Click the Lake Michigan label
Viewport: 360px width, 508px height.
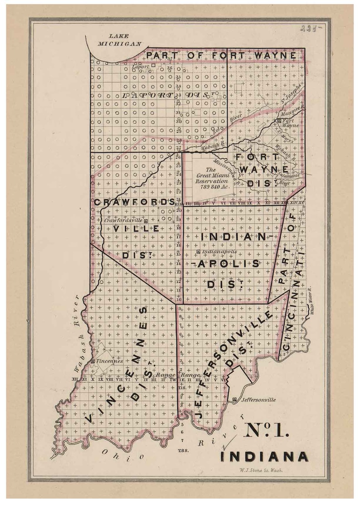(119, 40)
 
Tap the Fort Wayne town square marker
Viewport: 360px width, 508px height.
(278, 121)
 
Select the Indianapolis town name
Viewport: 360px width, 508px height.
(219, 252)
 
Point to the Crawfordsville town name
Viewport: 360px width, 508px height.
(123, 220)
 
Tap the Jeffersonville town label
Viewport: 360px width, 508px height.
(258, 400)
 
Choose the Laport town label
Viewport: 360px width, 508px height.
(140, 66)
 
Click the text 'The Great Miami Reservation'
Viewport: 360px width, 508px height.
(212, 175)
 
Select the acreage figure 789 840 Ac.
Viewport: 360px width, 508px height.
(212, 187)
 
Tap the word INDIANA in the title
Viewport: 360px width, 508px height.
(264, 456)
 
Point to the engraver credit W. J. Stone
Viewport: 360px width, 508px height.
(261, 470)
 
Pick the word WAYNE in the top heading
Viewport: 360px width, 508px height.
(276, 56)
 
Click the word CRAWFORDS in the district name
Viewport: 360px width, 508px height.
(135, 202)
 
